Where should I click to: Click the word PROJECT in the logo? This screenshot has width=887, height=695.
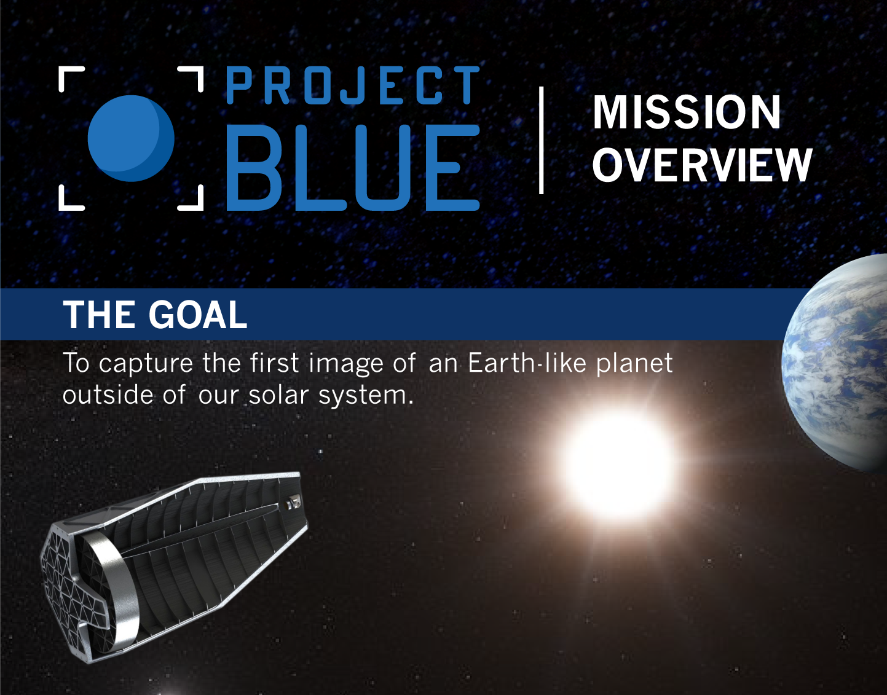[353, 85]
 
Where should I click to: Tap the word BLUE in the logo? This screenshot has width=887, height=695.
[352, 167]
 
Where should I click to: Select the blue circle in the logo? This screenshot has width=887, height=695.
[131, 138]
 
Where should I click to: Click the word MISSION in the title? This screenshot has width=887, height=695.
[687, 112]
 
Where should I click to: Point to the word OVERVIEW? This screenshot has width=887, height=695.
[702, 165]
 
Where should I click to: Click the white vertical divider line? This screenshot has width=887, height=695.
[541, 140]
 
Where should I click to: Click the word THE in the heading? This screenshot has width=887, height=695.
[100, 315]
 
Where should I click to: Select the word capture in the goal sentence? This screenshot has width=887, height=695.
[146, 364]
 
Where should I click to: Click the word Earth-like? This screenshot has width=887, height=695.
[527, 363]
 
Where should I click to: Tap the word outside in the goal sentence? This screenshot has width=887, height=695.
[108, 395]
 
